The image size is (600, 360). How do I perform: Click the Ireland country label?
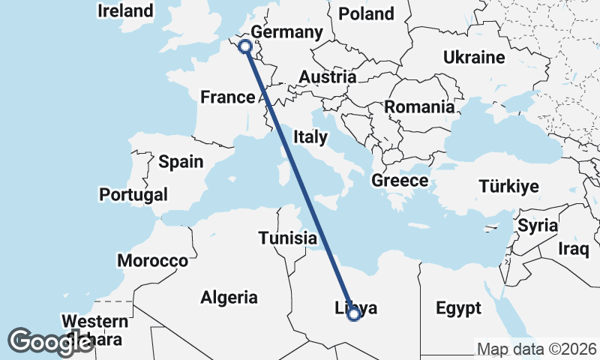125,10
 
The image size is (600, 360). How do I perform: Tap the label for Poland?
366,13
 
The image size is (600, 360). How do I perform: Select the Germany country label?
286,32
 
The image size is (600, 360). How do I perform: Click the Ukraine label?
473,57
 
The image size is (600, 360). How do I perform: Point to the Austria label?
327,76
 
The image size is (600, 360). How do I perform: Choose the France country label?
228,97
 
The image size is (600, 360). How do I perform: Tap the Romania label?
420,107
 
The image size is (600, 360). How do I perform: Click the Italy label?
310,136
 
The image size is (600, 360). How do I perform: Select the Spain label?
181,161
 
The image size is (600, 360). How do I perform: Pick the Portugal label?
133,194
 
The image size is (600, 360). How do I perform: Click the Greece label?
400,180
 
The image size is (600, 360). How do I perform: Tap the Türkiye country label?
509,186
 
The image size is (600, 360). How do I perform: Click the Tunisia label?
287,238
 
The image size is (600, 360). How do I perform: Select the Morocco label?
152,261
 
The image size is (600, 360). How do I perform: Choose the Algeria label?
229,297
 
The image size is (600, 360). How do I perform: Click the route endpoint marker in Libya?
354,314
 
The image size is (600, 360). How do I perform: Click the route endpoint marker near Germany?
244,46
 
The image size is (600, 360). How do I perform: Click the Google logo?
51,342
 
